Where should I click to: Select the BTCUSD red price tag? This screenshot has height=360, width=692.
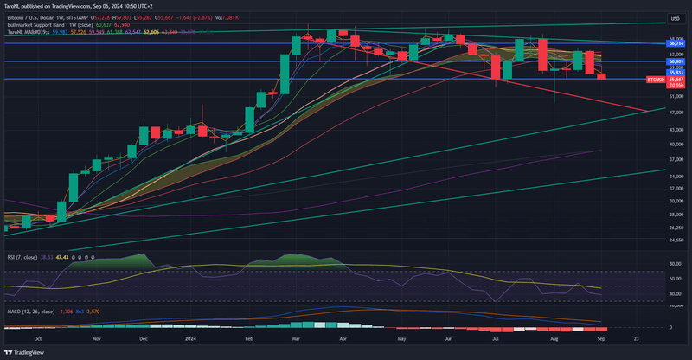[x=656, y=79]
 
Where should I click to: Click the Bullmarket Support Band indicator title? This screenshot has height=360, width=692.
[x=40, y=25]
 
